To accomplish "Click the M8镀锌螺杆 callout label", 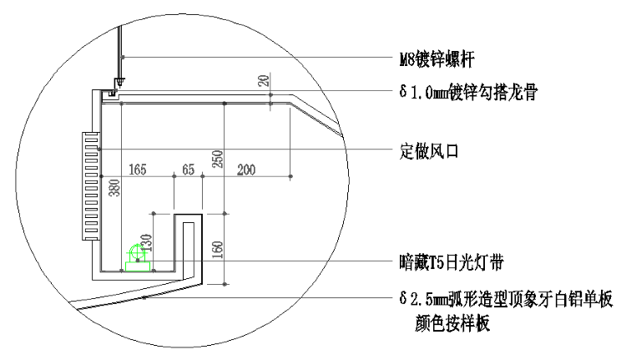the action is coord(437,59).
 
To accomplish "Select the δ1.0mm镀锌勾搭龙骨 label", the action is coord(468,92).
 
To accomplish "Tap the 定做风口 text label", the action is coord(429,151).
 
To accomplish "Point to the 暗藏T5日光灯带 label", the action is coord(452,262).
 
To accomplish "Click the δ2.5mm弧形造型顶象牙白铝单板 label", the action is coord(506,298).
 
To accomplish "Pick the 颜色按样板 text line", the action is coord(452,323).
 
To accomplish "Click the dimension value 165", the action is coord(138,170).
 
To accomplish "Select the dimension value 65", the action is coord(189,170).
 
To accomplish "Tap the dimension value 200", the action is coord(246,170).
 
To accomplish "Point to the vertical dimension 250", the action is coord(217,159).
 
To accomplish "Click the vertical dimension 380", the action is coord(114,188).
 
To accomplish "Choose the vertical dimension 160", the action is coord(217,250).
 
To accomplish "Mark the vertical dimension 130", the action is coord(147,242).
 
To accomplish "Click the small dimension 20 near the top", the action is coord(264,81).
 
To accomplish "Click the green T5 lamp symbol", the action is coord(138,258).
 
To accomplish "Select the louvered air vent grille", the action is coord(91,185).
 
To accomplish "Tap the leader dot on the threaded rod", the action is coord(123,57).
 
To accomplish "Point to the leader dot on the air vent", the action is coord(99,149).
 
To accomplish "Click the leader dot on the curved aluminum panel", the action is coord(144,297).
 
